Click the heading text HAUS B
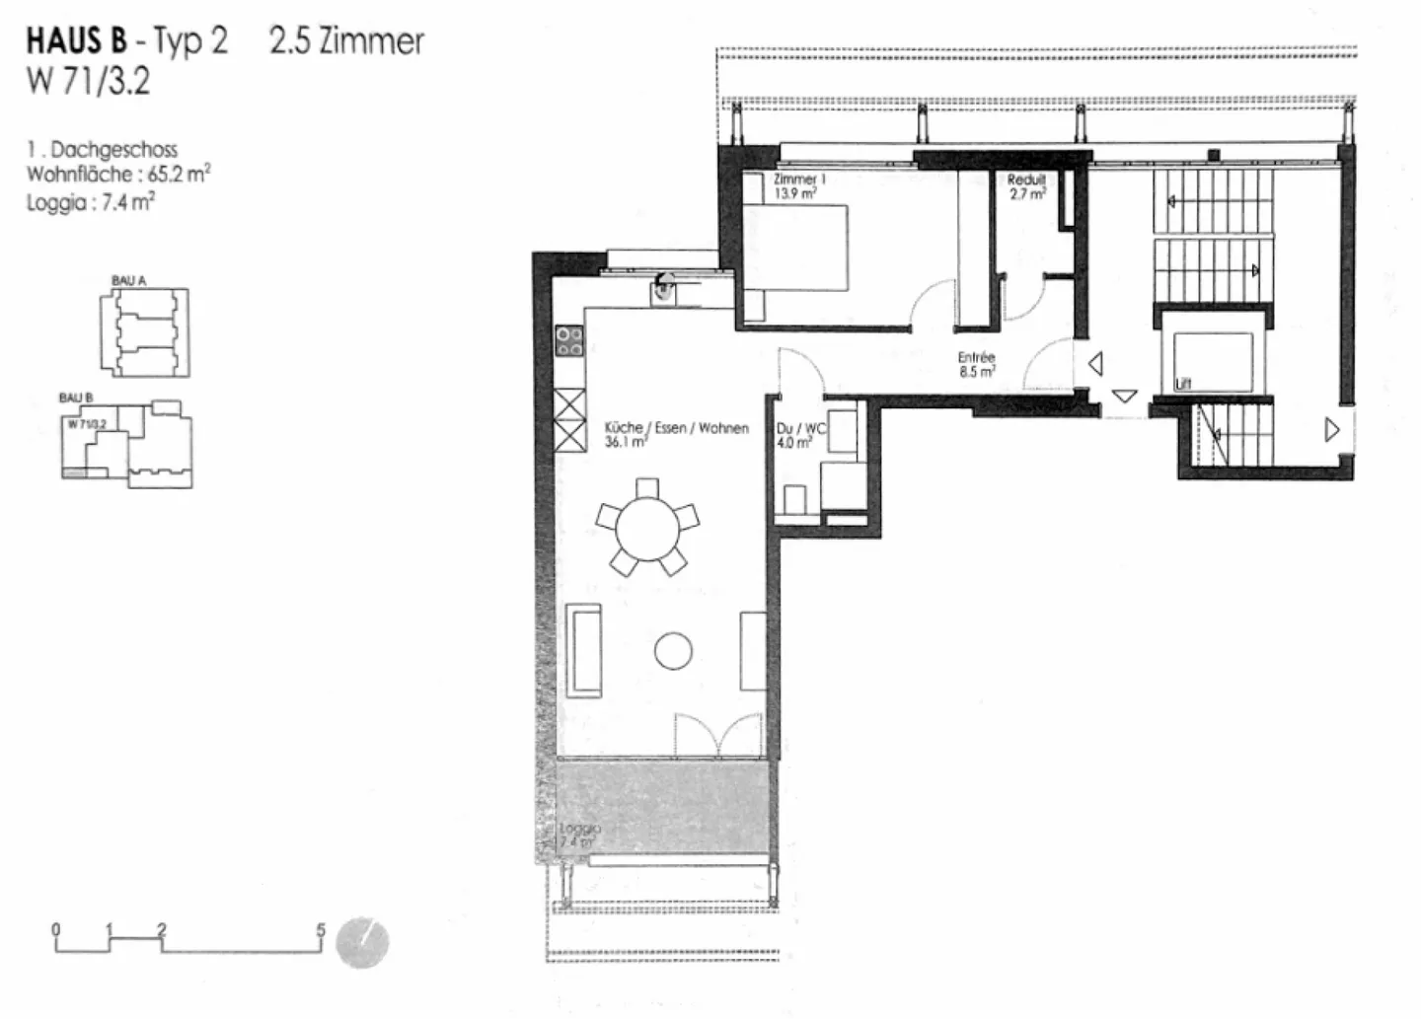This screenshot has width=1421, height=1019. point(76,40)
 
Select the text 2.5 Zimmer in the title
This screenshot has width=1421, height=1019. point(346,40)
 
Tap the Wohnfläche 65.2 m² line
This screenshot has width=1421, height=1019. point(117,175)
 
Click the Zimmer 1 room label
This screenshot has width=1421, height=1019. point(798,180)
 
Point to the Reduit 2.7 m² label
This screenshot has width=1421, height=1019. point(1026,187)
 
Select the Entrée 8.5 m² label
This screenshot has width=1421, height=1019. point(976,364)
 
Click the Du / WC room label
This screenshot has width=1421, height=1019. point(799,430)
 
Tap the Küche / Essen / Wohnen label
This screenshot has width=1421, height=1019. point(676,428)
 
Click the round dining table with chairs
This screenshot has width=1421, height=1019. point(647,528)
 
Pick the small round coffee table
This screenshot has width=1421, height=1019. point(673,651)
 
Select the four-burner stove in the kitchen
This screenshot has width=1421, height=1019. point(569,341)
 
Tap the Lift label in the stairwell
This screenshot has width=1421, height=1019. point(1183,383)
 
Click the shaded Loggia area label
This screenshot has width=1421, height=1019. point(579,836)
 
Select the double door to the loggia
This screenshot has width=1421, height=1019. point(718,735)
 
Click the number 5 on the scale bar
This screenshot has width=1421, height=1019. point(320,929)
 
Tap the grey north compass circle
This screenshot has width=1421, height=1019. point(362,943)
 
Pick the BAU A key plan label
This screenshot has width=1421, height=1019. point(128,281)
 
